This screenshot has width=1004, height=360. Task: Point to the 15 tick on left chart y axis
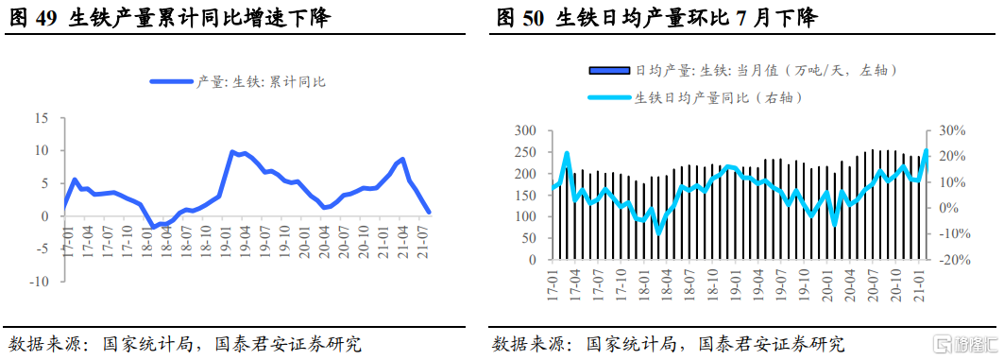(42, 118)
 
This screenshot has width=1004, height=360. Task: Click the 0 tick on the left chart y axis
(45, 216)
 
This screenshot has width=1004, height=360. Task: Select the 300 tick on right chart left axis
(525, 130)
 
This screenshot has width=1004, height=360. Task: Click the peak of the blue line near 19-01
(231, 151)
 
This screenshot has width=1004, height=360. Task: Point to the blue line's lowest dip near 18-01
(153, 228)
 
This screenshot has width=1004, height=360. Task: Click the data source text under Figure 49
(185, 343)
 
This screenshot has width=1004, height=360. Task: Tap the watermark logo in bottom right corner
(963, 343)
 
